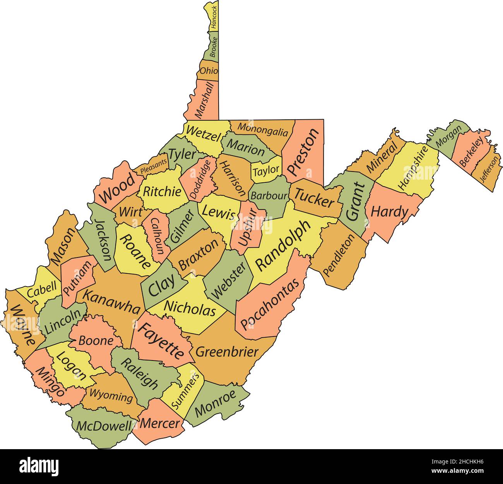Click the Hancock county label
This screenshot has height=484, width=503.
[214, 17]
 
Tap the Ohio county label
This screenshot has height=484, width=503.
[209, 71]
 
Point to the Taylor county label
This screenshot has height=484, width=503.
[266, 170]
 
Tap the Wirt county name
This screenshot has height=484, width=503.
[130, 212]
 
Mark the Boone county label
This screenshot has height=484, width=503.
[96, 341]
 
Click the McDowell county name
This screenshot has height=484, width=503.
[104, 426]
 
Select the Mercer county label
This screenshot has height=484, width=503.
[160, 423]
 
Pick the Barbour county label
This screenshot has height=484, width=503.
[269, 196]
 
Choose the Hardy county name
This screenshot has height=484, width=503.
[389, 212]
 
